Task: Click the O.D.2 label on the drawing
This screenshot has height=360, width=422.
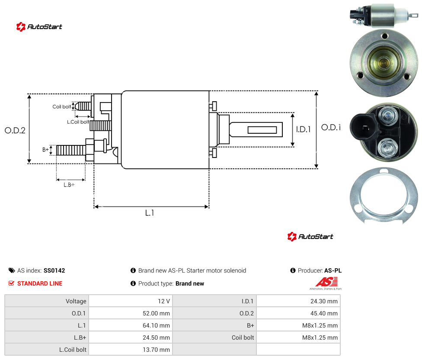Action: pos(15,131)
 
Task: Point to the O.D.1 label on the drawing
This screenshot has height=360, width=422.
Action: pos(331,127)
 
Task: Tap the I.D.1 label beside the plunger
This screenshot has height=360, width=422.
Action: pos(304,129)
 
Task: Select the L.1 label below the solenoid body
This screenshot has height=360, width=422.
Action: pos(150,213)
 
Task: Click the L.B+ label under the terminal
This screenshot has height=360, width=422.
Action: pos(69,185)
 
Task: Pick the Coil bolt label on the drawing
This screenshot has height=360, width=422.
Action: pos(62,106)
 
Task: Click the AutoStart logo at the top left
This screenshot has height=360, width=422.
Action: pos(39,27)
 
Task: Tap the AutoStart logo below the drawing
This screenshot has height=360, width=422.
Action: pos(310,236)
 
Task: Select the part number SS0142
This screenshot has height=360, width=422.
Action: pos(54,270)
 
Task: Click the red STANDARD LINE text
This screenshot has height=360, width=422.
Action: pos(40,283)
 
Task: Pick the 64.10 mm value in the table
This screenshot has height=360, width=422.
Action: pos(156,325)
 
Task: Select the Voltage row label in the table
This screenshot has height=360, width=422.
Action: pos(76,301)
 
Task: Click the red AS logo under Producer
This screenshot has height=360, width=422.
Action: pos(326,282)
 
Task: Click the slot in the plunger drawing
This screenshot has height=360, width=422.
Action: pos(262,130)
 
